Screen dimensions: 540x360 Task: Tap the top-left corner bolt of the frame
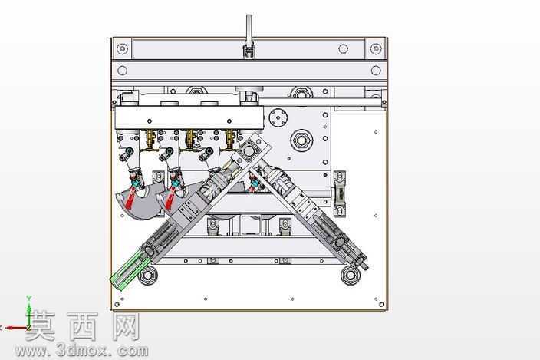pos(122,49)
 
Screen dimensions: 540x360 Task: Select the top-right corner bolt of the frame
pos(376,48)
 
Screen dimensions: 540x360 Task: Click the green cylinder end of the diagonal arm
pos(125,270)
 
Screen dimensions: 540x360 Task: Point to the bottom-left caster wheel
pos(147,276)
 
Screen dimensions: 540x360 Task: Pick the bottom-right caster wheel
pos(351,276)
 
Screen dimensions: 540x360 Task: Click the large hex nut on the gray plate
pos(301,140)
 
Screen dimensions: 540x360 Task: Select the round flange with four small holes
pos(278,117)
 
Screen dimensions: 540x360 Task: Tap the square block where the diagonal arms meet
pos(249,150)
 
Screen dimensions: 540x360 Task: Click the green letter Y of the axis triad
pos(29,299)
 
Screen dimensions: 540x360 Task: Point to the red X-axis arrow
pos(15,328)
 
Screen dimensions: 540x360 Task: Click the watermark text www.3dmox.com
pos(81,351)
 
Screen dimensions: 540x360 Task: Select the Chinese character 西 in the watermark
pos(83,326)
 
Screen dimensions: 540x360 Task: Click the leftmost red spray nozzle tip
pos(130,199)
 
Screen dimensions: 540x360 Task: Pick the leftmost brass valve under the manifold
pos(150,140)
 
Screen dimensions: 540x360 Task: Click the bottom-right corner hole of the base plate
pos(381,305)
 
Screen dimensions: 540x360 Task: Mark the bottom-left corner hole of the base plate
pos(117,305)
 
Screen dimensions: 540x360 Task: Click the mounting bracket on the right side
pos(340,194)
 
